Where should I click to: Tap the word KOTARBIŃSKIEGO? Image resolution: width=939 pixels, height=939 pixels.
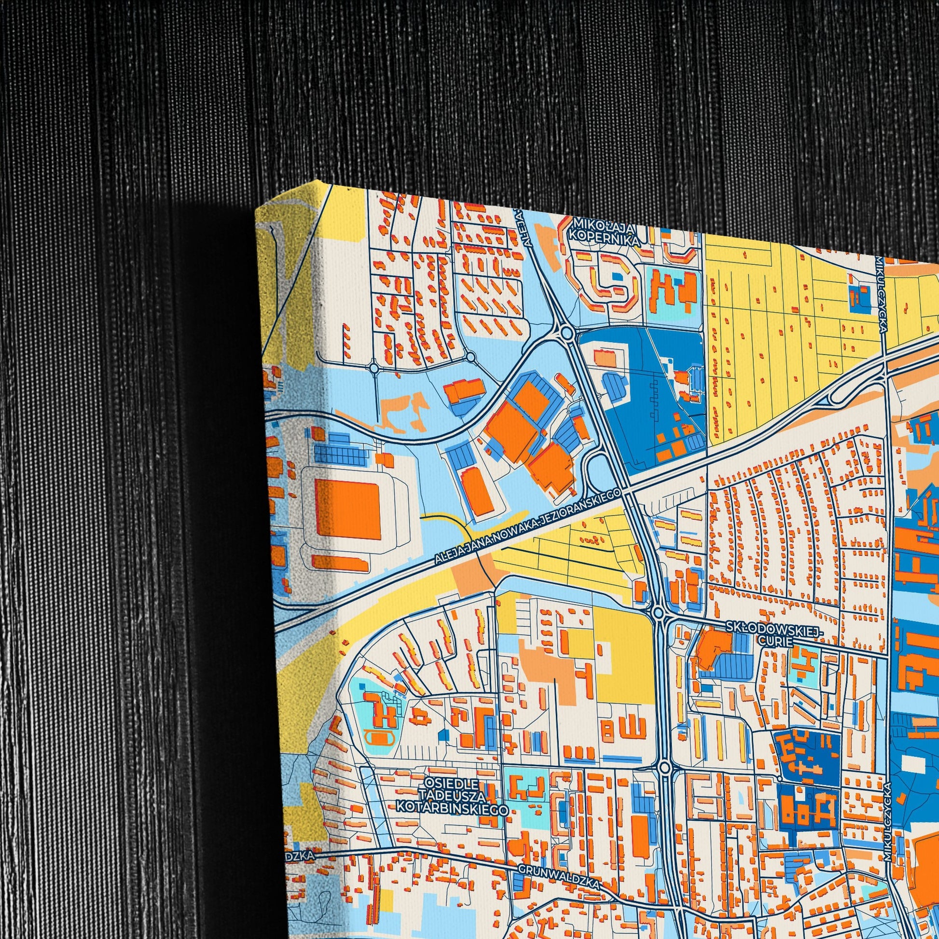click(452, 806)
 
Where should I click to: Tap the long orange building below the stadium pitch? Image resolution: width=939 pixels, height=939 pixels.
click(339, 563)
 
